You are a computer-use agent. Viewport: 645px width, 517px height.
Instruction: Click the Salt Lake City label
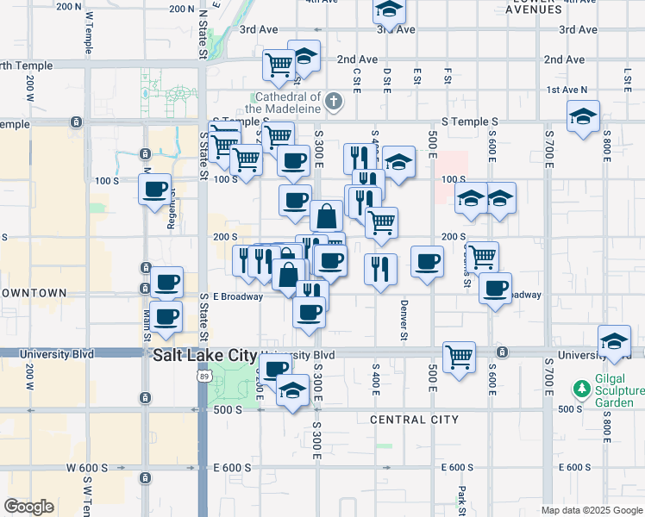(204, 355)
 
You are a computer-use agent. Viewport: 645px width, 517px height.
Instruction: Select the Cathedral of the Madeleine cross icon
(334, 103)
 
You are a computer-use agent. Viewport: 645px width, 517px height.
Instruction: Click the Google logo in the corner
(28, 507)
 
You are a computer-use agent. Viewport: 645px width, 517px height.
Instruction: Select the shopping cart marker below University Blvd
(460, 354)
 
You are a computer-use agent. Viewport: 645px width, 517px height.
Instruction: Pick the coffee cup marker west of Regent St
(155, 190)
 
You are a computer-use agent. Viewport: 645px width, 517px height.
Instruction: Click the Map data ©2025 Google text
(592, 510)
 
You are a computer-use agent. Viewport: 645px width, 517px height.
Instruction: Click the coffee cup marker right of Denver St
(427, 261)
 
